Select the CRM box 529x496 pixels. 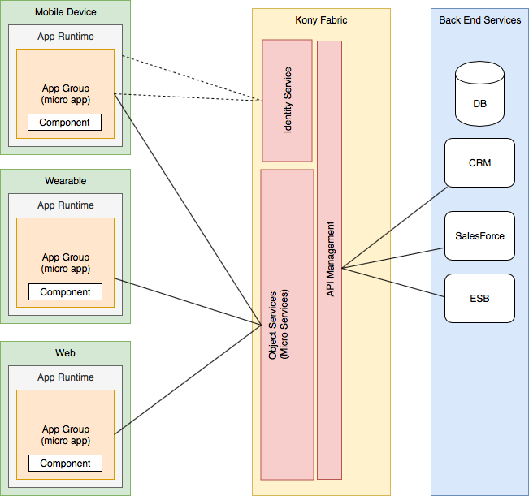(479, 162)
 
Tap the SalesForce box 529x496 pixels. (479, 235)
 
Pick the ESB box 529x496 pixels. (479, 298)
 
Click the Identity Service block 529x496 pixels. (287, 100)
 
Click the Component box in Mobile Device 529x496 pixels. (65, 123)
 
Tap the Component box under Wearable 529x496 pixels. (65, 292)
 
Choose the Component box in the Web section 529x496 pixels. (65, 464)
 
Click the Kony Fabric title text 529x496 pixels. (320, 20)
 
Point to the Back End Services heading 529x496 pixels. (479, 19)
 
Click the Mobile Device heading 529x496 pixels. (66, 12)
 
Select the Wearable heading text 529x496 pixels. (66, 180)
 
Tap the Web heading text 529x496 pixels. (66, 352)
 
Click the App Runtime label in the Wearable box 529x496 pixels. (66, 205)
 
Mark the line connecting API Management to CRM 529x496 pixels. (395, 228)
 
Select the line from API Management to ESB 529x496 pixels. (395, 283)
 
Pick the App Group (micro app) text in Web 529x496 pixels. (66, 435)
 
